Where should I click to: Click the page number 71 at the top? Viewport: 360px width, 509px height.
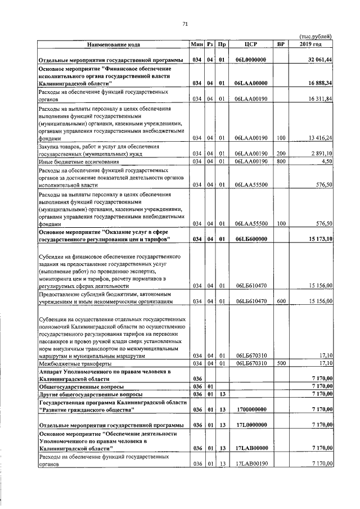tap(184, 23)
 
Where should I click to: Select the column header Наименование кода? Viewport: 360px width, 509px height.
tap(113, 44)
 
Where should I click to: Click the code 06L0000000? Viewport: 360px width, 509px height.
tap(251, 60)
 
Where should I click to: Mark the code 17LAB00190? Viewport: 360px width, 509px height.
tap(251, 463)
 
